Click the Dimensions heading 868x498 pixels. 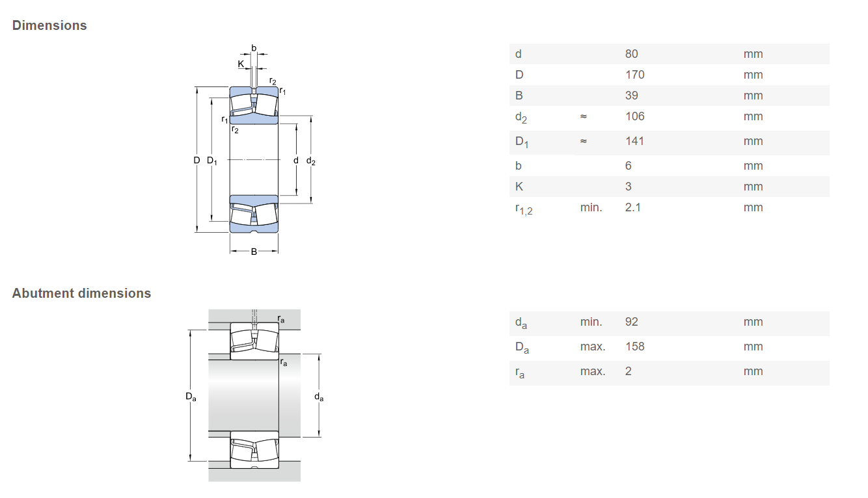pos(49,25)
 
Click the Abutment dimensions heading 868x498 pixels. pos(81,293)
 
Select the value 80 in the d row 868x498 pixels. pos(631,54)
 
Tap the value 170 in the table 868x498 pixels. pos(634,75)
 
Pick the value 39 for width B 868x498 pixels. pos(631,96)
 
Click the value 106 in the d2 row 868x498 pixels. pos(634,116)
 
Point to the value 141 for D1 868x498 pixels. pos(634,141)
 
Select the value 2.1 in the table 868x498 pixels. pos(633,207)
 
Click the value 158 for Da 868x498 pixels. pos(634,347)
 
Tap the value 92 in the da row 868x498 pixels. pos(631,322)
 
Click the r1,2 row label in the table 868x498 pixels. pos(524,209)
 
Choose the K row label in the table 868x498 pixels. pos(519,187)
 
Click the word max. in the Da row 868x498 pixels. pos(593,347)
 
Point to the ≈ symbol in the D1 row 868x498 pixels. pos(584,141)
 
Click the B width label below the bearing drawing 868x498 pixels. pos(254,252)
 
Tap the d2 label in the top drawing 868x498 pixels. pos(311,161)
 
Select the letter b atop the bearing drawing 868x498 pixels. pos(254,48)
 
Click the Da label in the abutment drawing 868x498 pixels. pos(191,397)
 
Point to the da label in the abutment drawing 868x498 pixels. pos(319,397)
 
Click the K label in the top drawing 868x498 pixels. pos(241,64)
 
